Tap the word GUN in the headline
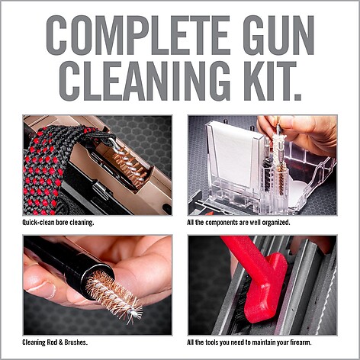coord(278,35)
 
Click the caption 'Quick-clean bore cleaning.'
coord(58,223)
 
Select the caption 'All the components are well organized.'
coord(239,223)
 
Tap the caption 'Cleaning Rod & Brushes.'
coord(55,342)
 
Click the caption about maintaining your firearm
coord(249,342)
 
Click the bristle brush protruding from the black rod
coord(114,296)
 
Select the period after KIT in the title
coord(297,97)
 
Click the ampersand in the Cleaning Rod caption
coord(60,342)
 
